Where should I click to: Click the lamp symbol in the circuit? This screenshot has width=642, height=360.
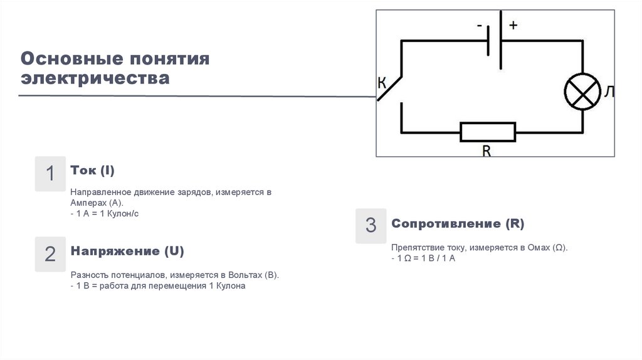pyautogui.click(x=582, y=92)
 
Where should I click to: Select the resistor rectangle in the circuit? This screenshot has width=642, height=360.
pyautogui.click(x=488, y=132)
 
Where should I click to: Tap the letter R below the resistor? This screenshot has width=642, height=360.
pyautogui.click(x=486, y=151)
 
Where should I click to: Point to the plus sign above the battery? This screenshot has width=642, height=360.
pyautogui.click(x=513, y=26)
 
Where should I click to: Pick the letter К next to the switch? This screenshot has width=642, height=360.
pyautogui.click(x=382, y=83)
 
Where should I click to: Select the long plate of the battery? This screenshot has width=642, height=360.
pyautogui.click(x=500, y=40)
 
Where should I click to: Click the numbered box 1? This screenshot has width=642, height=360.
pyautogui.click(x=50, y=174)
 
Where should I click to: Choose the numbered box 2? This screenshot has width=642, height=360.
pyautogui.click(x=50, y=254)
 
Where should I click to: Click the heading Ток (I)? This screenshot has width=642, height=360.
pyautogui.click(x=92, y=171)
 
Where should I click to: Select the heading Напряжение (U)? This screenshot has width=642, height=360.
pyautogui.click(x=127, y=251)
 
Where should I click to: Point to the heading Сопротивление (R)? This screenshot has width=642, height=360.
pyautogui.click(x=458, y=224)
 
